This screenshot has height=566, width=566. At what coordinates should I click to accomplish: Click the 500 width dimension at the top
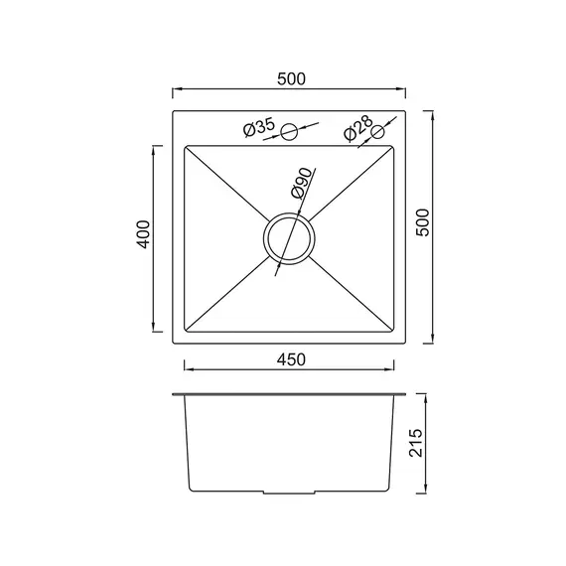291,79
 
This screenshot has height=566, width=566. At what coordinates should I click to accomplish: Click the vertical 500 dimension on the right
423,222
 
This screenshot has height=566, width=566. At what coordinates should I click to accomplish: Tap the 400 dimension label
143,234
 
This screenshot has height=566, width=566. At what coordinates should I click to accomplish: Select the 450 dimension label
291,359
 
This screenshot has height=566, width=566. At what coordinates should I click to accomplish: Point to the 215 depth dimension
416,443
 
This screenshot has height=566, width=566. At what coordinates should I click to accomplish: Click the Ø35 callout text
259,127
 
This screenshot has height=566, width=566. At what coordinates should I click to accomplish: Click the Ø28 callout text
358,128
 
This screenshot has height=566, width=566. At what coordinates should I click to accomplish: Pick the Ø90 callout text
301,183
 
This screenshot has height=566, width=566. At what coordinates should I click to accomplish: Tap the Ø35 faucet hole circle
289,132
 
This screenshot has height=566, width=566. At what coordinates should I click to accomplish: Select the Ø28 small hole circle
378,132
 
